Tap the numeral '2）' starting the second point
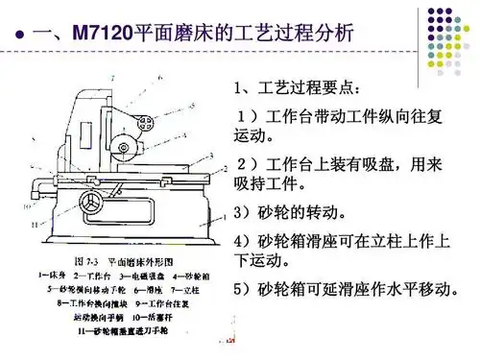coord(245,162)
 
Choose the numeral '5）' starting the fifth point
coord(245,289)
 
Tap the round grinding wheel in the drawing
coord(123,147)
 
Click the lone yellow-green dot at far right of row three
coord(465,43)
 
